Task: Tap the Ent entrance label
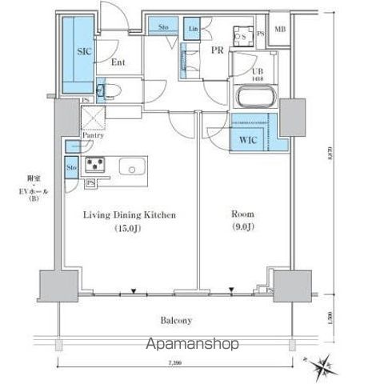coord(117,62)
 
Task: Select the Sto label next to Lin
coord(162,29)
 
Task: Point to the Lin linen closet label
coord(193,30)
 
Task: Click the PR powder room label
coord(216,48)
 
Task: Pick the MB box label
coord(280,30)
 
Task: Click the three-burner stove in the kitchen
coord(96,166)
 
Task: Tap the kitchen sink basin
coord(131,166)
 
